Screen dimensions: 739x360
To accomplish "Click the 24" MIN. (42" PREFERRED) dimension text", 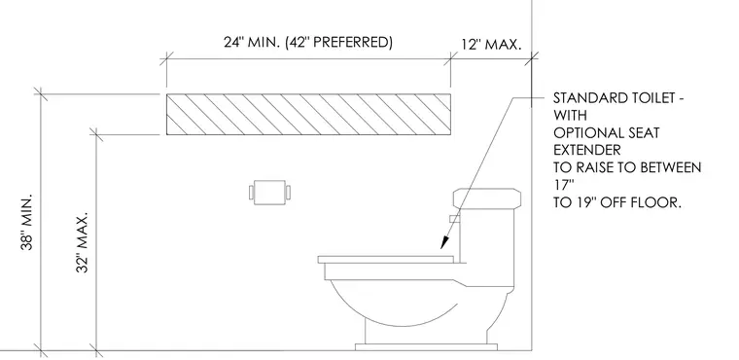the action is [308, 43].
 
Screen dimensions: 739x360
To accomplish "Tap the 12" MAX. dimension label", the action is [492, 45].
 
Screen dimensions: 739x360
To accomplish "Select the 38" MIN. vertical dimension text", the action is [27, 221].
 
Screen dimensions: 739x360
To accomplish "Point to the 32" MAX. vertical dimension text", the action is [82, 242].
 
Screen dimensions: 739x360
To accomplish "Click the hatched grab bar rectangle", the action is [308, 115].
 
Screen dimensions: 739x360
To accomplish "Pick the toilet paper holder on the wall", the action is [269, 192].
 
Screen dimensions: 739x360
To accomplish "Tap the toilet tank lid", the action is [487, 198].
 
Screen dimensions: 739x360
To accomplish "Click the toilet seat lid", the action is [385, 259].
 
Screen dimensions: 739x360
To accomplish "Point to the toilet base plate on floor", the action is [426, 347].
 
